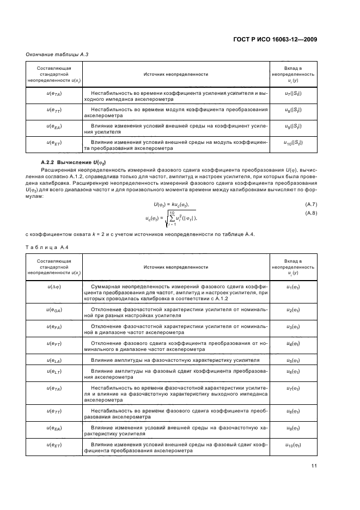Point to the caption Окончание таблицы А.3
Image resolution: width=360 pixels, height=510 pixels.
[x=57, y=56]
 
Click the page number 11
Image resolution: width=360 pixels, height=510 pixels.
[x=314, y=465]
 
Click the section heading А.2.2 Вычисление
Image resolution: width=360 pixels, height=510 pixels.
[x=73, y=163]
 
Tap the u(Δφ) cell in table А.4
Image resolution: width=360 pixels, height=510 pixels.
[x=53, y=287]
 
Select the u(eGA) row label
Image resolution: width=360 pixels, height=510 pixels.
[x=53, y=310]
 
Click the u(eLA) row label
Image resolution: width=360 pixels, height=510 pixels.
[x=53, y=361]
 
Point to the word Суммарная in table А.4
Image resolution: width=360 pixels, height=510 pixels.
[x=103, y=287]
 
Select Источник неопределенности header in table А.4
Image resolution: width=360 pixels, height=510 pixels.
[x=175, y=268]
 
